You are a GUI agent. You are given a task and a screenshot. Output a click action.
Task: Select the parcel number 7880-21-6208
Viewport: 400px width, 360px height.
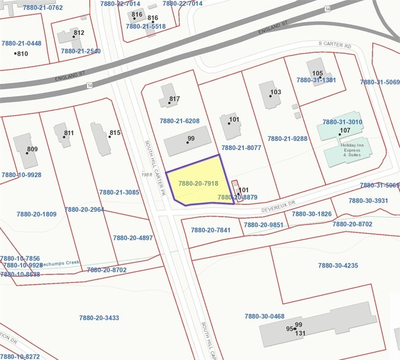[179, 121]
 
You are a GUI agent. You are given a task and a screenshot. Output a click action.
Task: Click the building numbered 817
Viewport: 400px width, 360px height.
[167, 96]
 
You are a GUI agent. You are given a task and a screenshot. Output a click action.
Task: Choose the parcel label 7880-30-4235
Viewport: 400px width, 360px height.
[338, 266]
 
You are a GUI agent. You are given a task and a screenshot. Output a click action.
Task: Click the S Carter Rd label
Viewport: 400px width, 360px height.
[336, 45]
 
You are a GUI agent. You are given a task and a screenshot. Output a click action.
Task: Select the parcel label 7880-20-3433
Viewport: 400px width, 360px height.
[99, 318]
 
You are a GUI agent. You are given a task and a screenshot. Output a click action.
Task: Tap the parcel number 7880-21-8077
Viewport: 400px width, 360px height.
[241, 148]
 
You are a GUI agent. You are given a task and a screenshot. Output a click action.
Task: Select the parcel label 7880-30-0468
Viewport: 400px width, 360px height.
[265, 317]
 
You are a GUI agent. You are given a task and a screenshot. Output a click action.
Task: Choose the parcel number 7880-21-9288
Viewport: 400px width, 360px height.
[287, 139]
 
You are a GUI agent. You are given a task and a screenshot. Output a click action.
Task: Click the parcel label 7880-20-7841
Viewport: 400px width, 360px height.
[211, 230]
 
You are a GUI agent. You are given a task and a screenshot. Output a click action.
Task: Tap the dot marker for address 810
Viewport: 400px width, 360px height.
[16, 53]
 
